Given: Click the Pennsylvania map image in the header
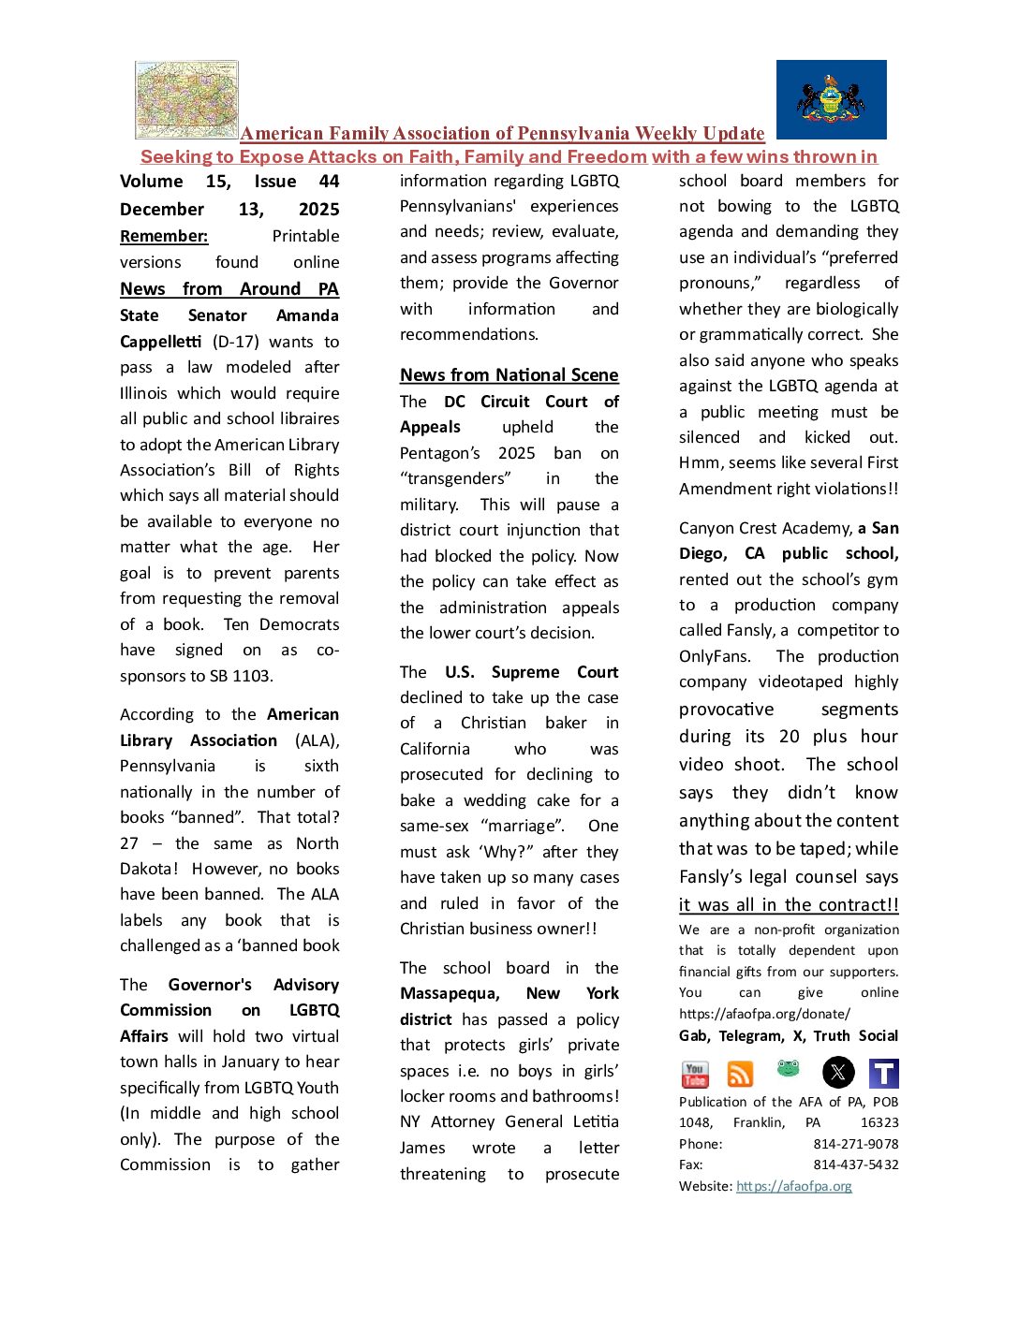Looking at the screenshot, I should tap(186, 100).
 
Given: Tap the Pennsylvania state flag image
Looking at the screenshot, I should tap(831, 100).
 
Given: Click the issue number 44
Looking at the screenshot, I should tap(329, 182).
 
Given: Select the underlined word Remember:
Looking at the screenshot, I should tap(164, 237).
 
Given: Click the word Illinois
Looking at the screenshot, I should tap(143, 393).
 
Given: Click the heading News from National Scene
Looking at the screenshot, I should tap(509, 375).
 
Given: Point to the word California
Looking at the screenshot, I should tap(435, 749).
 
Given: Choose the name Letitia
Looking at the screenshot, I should tap(589, 1121).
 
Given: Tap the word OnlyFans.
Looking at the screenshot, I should tap(717, 656).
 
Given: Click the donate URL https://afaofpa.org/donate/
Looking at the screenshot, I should tap(764, 1014).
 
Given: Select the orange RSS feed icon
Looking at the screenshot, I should tap(740, 1074).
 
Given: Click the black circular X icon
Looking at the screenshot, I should tap(837, 1073).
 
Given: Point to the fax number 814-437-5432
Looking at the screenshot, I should tap(855, 1165).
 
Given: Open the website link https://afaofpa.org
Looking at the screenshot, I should tap(793, 1186).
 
